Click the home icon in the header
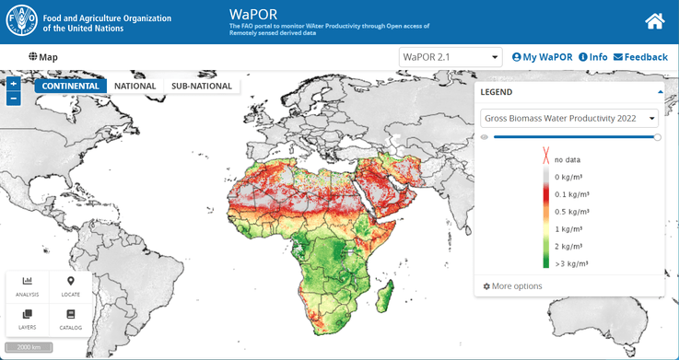click(x=655, y=21)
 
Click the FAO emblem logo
click(x=22, y=22)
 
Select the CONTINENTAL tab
click(x=71, y=86)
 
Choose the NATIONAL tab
click(x=135, y=86)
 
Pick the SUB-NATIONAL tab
click(x=201, y=86)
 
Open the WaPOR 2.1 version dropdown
click(x=451, y=57)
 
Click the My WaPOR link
click(x=542, y=57)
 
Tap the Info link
click(x=592, y=57)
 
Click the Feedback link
click(x=640, y=57)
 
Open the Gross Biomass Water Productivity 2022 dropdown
click(x=569, y=118)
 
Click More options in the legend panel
click(x=513, y=286)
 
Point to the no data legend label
click(x=568, y=160)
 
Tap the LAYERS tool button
click(x=28, y=319)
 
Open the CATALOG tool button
click(x=71, y=319)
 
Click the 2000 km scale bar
click(x=29, y=348)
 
